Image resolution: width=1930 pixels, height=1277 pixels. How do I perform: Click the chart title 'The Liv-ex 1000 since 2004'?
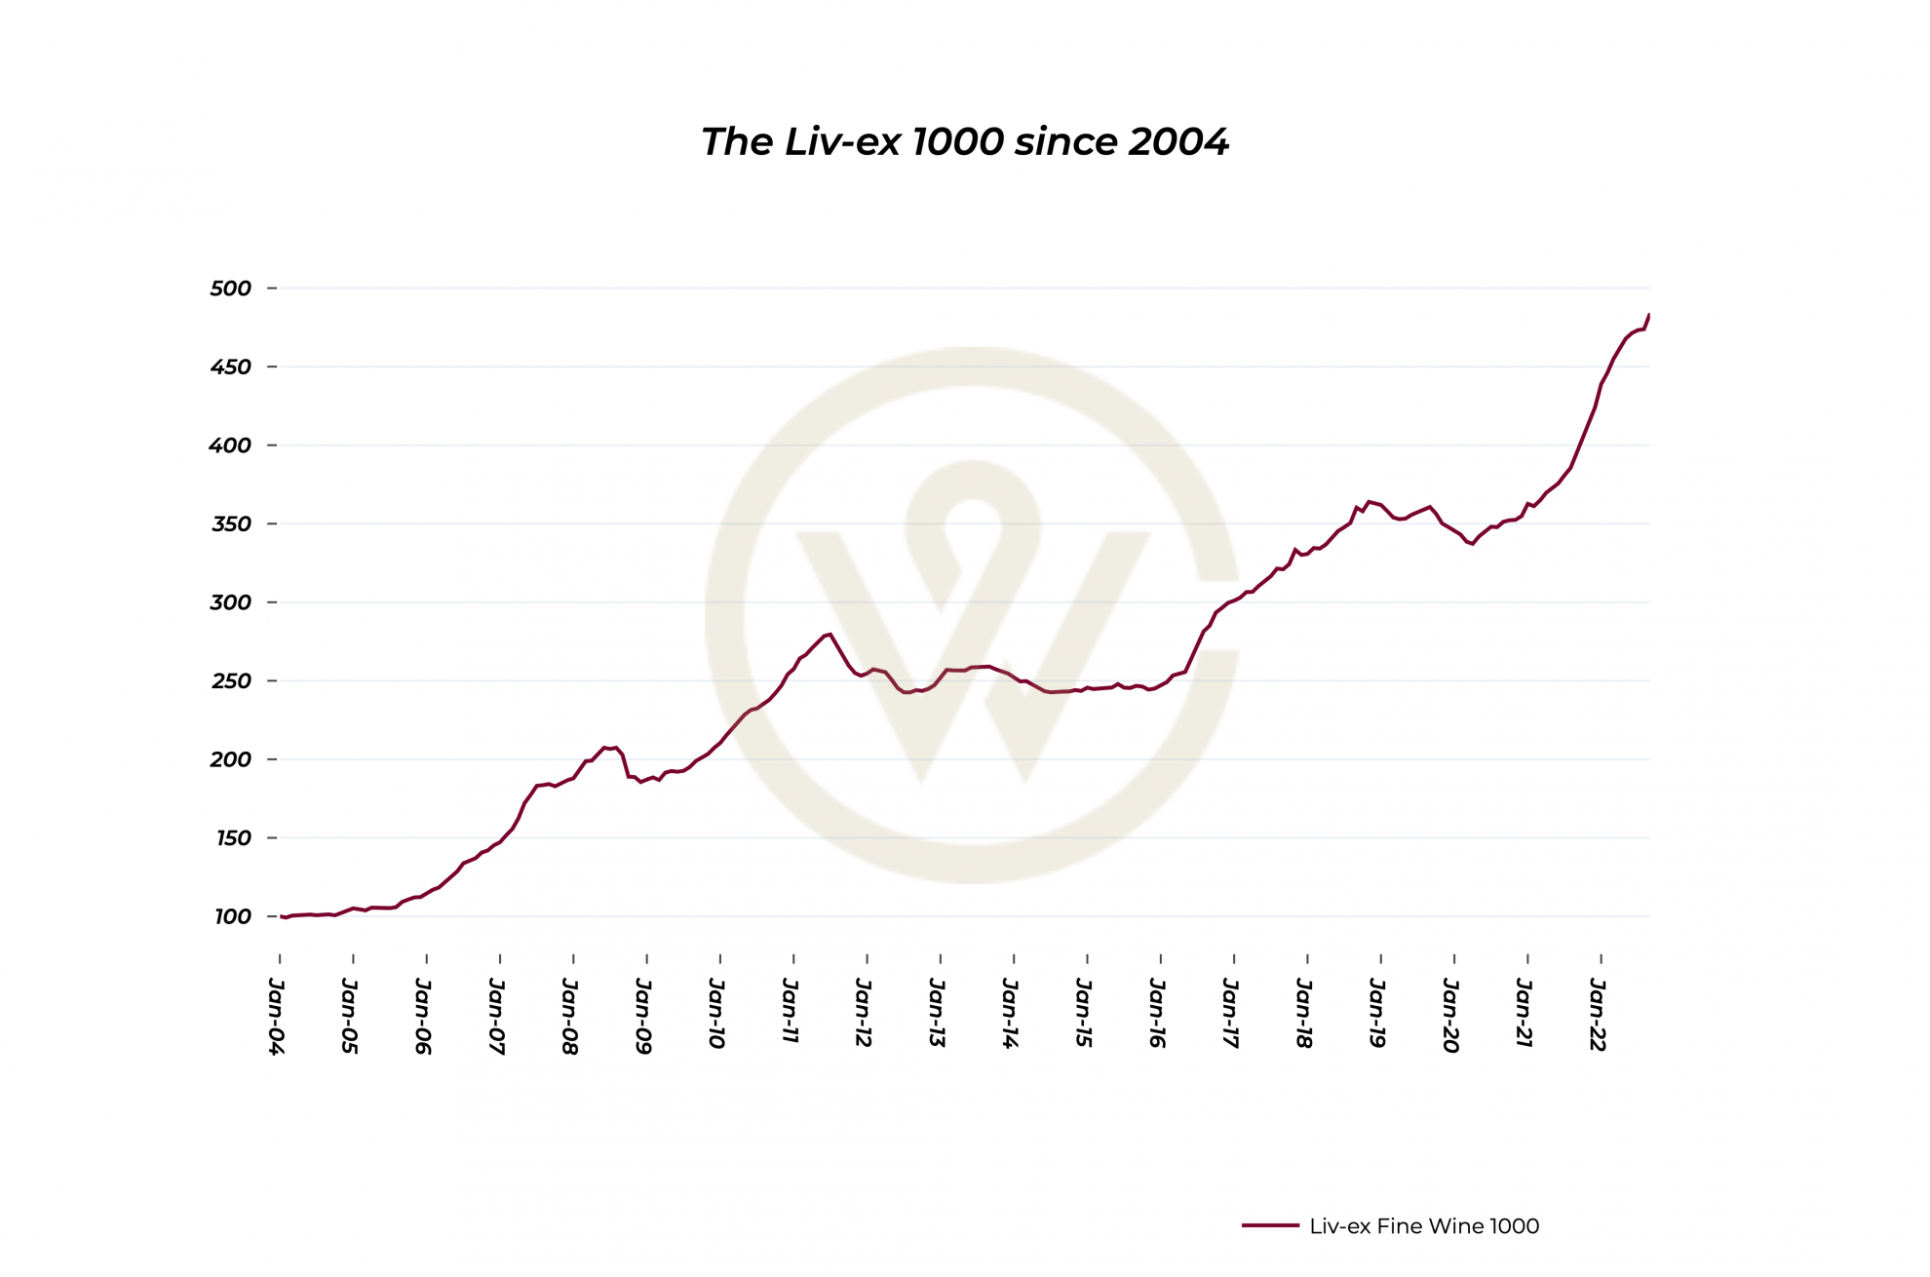965,142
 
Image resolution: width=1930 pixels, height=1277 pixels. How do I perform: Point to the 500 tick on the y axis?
231,289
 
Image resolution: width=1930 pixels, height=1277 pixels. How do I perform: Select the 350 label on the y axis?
231,524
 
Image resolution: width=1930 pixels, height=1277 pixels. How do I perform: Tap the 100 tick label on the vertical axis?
232,917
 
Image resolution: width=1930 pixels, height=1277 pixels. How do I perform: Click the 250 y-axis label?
231,681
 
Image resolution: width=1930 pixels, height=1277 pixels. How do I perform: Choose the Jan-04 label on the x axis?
277,1016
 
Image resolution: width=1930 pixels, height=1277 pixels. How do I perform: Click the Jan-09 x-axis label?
643,1016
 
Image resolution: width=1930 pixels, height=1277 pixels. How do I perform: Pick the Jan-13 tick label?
937,1014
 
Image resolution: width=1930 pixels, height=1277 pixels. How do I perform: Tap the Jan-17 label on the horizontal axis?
1230,1014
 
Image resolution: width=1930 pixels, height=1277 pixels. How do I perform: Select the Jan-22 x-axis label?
1598,1015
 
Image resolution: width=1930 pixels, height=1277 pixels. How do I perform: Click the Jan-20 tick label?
1450,1016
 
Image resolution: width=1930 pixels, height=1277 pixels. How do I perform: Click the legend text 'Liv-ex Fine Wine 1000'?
1424,1226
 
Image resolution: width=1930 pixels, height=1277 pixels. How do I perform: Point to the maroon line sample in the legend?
1270,1225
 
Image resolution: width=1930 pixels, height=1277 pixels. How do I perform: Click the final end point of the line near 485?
1648,315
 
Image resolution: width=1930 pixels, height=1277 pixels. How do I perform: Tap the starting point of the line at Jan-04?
282,916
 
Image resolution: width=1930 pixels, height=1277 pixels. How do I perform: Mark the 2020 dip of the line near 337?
1472,544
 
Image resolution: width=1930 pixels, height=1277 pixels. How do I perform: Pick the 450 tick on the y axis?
231,368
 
